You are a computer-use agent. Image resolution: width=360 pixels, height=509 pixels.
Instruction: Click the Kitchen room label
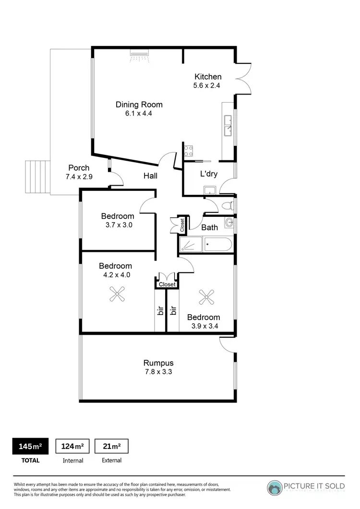208,77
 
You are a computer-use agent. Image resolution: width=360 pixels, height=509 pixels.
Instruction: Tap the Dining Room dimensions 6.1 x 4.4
139,114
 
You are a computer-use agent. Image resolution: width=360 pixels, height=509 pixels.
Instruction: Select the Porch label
79,168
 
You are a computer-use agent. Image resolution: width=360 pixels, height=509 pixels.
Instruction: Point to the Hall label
150,176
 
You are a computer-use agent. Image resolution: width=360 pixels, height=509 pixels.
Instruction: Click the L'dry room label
209,174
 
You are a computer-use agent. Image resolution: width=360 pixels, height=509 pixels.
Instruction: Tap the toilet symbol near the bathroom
227,206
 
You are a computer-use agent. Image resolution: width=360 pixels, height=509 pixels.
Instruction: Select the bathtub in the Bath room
218,245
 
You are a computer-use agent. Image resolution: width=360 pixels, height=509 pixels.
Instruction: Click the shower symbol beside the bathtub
190,245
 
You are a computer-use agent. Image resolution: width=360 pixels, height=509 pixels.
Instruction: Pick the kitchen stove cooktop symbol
188,151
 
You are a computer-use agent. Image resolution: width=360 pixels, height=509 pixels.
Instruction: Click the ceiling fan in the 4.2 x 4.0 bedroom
117,294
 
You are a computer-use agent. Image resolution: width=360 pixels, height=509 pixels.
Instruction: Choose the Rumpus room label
158,363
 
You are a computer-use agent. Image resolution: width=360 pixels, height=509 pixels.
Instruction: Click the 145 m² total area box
30,447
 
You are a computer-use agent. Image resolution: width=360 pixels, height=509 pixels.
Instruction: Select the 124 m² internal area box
72,447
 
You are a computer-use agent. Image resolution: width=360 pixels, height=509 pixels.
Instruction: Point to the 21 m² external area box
111,447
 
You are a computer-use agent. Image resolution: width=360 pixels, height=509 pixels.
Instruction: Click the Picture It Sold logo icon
275,487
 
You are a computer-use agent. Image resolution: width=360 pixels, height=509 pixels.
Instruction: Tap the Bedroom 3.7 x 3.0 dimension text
117,225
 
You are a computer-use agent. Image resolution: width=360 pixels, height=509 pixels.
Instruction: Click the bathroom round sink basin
229,223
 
